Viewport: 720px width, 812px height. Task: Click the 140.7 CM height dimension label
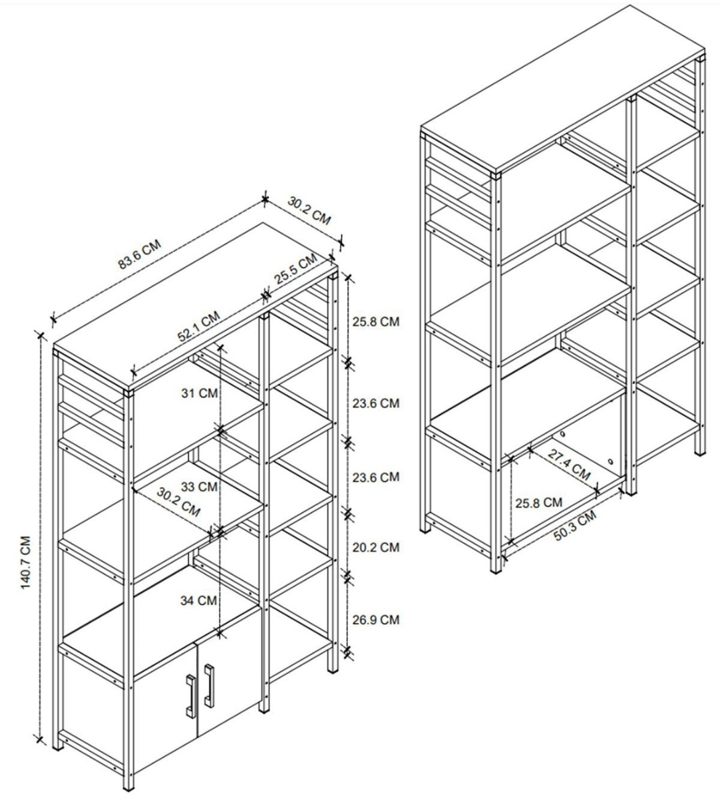pos(26,562)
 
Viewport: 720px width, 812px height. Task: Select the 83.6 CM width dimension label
pos(140,254)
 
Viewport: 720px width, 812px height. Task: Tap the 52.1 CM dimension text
pos(199,326)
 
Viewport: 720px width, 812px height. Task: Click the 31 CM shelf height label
pos(200,393)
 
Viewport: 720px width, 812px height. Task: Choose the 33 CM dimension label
pos(199,487)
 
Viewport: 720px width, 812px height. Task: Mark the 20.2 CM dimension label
pos(376,547)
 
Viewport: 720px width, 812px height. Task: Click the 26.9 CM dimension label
pos(376,620)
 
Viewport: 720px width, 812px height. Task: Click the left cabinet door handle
pos(190,696)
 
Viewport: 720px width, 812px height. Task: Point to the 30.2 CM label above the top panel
pos(309,211)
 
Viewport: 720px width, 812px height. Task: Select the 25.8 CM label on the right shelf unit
pos(538,503)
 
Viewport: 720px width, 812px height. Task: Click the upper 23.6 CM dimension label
pos(376,403)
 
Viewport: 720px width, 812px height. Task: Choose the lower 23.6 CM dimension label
pos(376,477)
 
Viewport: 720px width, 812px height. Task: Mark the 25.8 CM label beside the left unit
pos(376,321)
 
